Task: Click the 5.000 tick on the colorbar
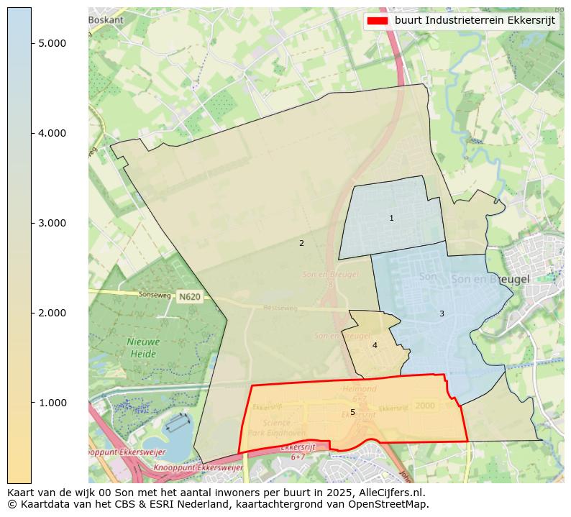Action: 52,43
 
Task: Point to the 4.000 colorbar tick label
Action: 52,133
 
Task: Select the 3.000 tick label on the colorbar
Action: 52,223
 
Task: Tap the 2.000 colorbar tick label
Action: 52,313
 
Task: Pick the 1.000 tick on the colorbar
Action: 52,403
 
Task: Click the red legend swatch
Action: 377,20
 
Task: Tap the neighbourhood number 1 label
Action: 391,218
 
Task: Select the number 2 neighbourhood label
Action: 301,243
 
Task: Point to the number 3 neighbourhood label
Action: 442,314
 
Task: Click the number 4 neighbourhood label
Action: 375,345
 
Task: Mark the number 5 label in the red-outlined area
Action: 352,412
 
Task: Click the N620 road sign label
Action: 190,297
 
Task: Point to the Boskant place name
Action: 106,20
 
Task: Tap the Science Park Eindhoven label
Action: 266,429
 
